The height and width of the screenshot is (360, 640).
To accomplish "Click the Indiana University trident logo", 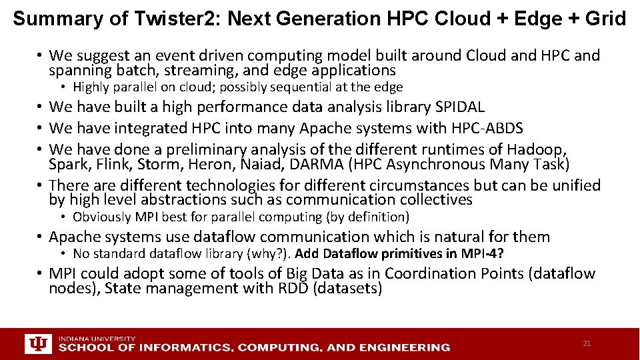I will click(38, 343).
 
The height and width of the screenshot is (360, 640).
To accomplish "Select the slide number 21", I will click(587, 343).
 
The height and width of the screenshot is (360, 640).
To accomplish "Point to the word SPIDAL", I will click(460, 107).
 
